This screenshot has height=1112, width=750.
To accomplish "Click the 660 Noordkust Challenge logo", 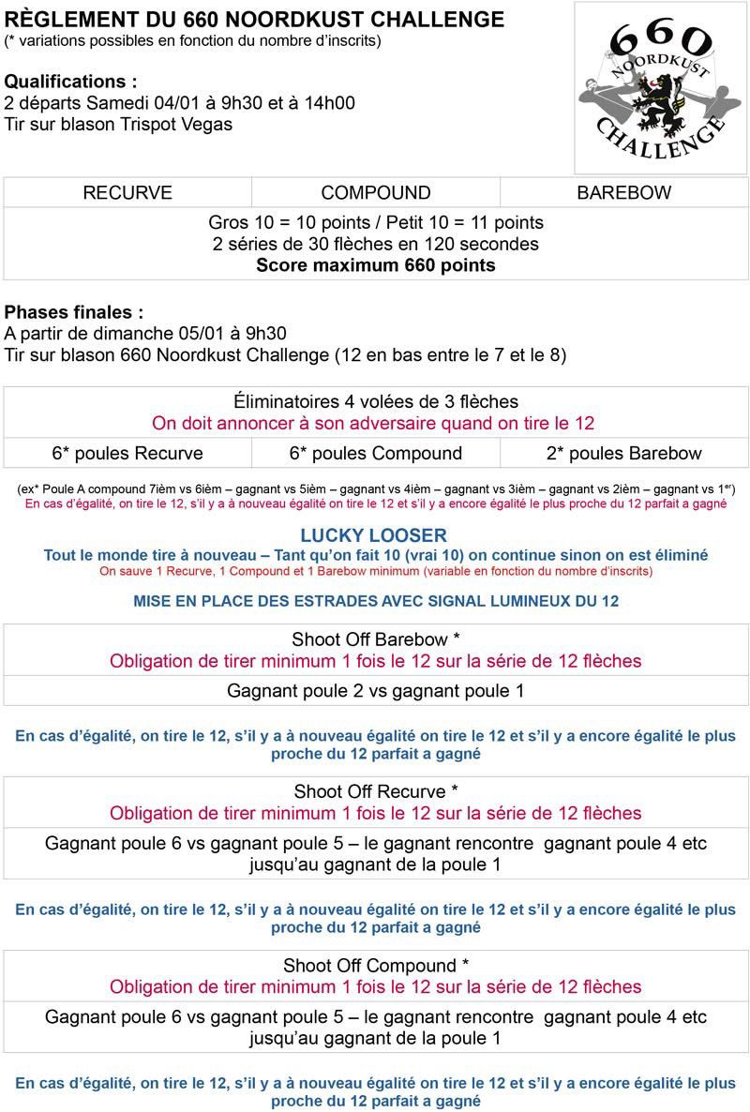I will pos(661,87).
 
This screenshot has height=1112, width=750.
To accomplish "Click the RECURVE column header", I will pos(127,193).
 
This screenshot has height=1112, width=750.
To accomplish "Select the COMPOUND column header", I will pos(376,193).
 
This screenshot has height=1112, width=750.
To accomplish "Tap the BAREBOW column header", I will pos(623,193).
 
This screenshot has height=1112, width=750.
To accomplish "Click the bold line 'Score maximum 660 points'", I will pos(376,265).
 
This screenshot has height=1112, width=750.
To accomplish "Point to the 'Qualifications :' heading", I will pos(77,82).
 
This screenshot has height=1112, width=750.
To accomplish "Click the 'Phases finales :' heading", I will pos(75,312).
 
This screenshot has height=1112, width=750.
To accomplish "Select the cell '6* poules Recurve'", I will pos(127,454).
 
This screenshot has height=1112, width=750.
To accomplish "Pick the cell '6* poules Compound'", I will pos(376,454).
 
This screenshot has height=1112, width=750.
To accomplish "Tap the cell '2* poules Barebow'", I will pos(623,454).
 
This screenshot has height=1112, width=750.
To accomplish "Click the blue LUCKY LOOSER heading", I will pos(374,535).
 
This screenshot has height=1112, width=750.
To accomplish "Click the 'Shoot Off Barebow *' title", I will pos(376,639).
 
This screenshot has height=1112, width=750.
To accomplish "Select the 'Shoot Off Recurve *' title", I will pos(376,792).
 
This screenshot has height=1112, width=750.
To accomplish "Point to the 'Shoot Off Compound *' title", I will pos(376,966).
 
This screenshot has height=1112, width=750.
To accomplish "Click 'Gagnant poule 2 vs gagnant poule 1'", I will pos(376,691).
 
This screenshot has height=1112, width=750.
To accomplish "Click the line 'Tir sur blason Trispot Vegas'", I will pos(118,124).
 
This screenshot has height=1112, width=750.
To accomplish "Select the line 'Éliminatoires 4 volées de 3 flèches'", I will pos(376,402).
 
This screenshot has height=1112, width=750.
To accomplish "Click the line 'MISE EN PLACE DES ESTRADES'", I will pos(376,601).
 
